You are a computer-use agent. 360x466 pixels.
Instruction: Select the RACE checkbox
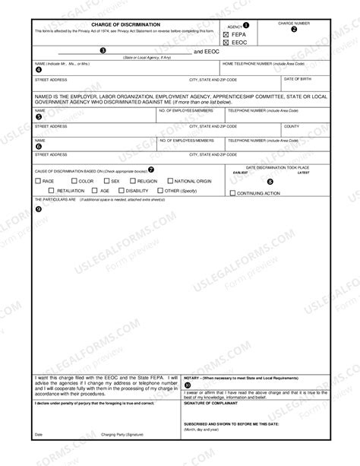click(x=39, y=181)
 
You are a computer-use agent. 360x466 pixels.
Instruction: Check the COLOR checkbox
click(x=74, y=181)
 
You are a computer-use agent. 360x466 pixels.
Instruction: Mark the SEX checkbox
click(x=107, y=181)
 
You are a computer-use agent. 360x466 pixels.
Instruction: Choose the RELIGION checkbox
click(x=133, y=181)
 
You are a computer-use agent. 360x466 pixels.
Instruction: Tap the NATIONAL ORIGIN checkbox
click(x=170, y=181)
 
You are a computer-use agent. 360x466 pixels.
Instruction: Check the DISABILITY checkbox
click(x=121, y=191)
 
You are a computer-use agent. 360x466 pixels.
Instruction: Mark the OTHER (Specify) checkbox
click(x=160, y=191)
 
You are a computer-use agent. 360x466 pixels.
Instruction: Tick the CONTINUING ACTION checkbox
click(x=233, y=193)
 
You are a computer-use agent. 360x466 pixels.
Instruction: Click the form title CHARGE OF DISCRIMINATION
click(x=109, y=24)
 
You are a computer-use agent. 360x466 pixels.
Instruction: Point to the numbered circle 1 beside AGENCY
click(x=246, y=26)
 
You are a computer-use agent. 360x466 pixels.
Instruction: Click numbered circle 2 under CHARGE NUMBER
click(x=295, y=30)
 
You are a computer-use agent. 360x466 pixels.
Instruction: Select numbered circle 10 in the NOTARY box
click(x=188, y=385)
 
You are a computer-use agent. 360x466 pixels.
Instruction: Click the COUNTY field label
click(x=291, y=126)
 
